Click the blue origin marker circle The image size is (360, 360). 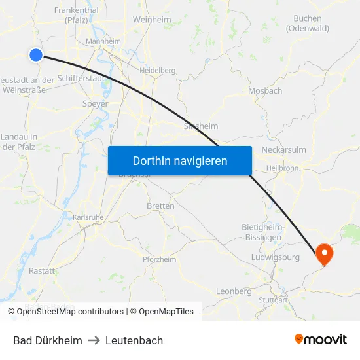[36, 55]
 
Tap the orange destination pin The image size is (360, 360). [324, 253]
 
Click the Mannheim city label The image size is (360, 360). [103, 41]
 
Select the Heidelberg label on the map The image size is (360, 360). [157, 70]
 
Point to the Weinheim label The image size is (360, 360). [152, 20]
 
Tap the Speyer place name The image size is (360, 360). [96, 103]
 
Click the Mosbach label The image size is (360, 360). [265, 91]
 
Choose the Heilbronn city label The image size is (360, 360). [283, 168]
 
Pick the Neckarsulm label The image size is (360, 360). [283, 149]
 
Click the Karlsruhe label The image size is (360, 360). [88, 217]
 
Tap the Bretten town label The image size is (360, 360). [160, 206]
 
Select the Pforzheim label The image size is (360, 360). [160, 259]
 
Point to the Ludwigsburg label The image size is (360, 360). [275, 257]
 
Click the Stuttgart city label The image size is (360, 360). [273, 300]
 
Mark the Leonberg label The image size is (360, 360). [234, 291]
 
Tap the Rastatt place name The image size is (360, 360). [42, 270]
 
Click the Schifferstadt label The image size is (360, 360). [81, 78]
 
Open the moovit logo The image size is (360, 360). [320, 340]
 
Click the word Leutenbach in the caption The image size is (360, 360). [134, 340]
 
